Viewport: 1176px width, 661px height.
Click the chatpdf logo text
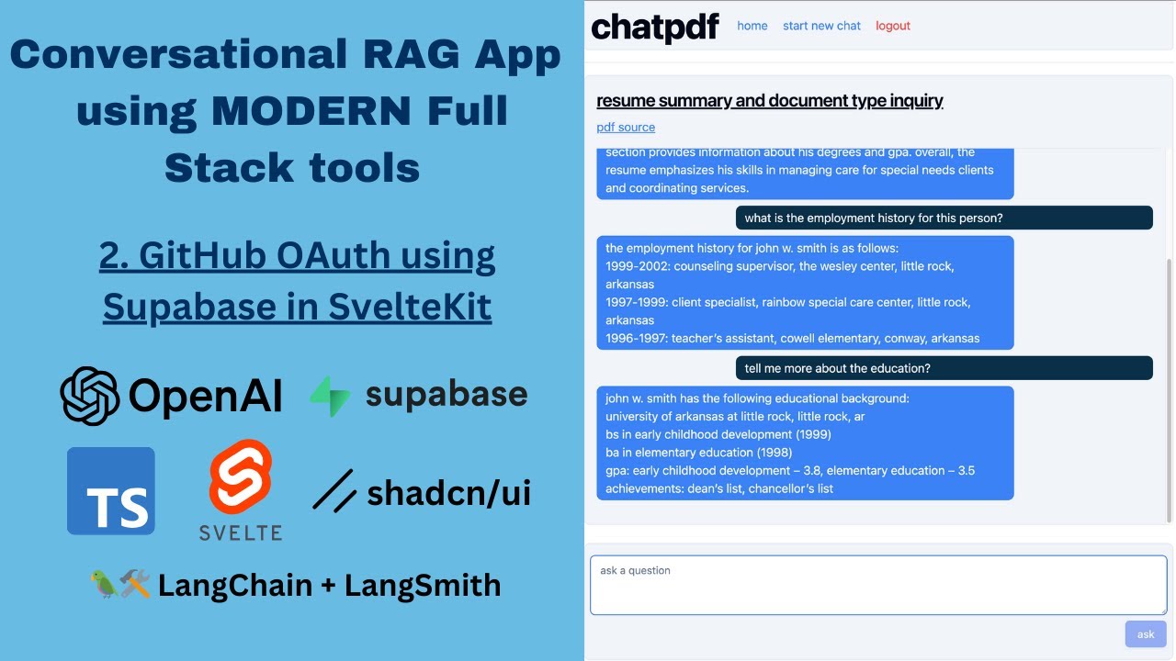pyautogui.click(x=654, y=27)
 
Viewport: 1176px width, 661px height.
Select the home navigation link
pyautogui.click(x=752, y=26)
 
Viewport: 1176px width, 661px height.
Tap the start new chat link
pyautogui.click(x=821, y=26)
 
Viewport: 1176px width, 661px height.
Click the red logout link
pyautogui.click(x=892, y=26)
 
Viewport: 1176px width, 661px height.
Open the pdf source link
pyautogui.click(x=626, y=128)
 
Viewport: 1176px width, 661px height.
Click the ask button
pyautogui.click(x=1146, y=634)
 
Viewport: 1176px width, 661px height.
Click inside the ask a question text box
pyautogui.click(x=877, y=585)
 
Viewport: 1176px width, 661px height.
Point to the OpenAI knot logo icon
pyautogui.click(x=89, y=396)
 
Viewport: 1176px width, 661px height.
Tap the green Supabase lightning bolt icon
pyautogui.click(x=330, y=396)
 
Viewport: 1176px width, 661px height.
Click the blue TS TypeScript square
pyautogui.click(x=111, y=491)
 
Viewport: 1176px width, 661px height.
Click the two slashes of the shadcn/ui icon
pyautogui.click(x=334, y=491)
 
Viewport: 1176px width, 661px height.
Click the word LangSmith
pyautogui.click(x=423, y=585)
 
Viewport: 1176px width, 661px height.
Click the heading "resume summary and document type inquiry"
pyautogui.click(x=769, y=101)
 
